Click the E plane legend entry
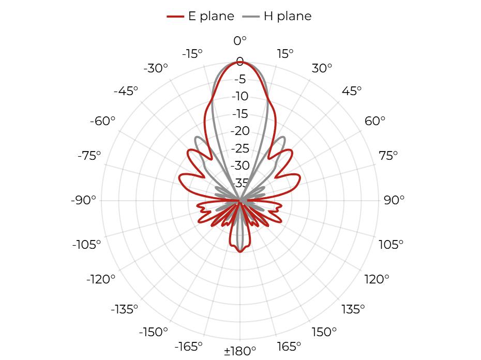click(x=201, y=16)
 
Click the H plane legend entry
click(x=277, y=16)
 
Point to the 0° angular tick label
click(x=240, y=40)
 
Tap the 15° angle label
click(x=285, y=54)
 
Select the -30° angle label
click(x=156, y=68)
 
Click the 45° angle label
click(x=352, y=91)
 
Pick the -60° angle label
click(x=102, y=121)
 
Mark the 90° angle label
click(x=394, y=200)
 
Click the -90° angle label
click(x=83, y=200)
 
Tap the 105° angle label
click(x=391, y=245)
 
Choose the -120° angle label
click(x=101, y=279)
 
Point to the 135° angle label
click(x=353, y=309)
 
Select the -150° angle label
click(x=154, y=332)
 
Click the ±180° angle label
click(x=240, y=351)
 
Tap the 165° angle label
click(x=289, y=347)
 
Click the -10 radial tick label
click(x=240, y=96)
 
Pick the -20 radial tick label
click(x=240, y=131)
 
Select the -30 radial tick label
click(x=240, y=166)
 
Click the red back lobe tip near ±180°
click(x=240, y=252)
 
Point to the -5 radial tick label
click(x=240, y=79)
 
